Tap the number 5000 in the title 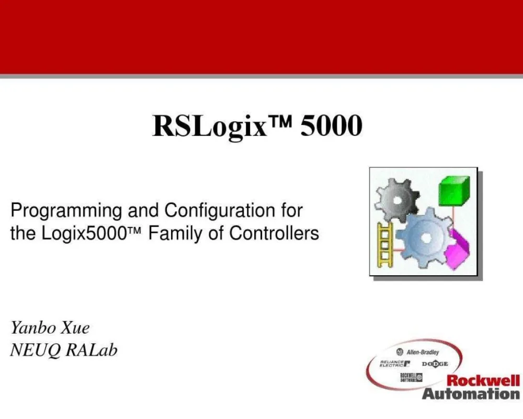pyautogui.click(x=331, y=126)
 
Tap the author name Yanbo pyautogui.click(x=32, y=329)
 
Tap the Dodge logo pyautogui.click(x=435, y=364)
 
